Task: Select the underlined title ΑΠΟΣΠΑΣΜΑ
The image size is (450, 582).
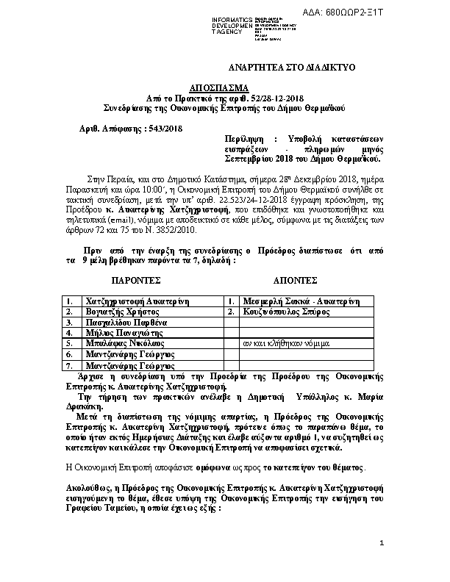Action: point(224,86)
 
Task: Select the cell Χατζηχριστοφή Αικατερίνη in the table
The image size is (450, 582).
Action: point(138,301)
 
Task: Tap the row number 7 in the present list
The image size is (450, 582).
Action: point(68,364)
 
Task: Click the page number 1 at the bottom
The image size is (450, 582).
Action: point(382,564)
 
